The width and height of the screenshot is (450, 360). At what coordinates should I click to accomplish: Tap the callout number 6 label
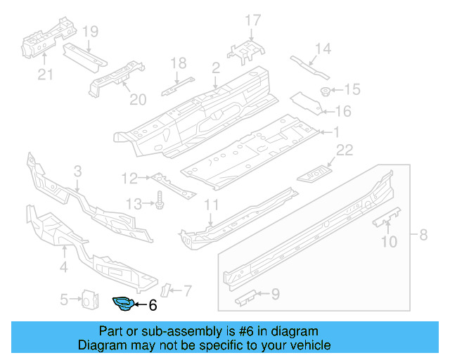point(153,305)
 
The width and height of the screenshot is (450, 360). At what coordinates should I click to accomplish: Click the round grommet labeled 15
point(326,91)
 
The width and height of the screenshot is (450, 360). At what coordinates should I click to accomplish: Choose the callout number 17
point(252,20)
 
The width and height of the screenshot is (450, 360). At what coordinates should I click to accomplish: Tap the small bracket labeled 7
point(167,288)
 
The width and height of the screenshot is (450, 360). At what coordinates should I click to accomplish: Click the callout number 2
point(216,67)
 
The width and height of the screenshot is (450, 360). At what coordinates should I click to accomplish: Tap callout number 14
point(322,48)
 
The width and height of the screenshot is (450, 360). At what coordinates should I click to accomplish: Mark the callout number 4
point(63,266)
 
